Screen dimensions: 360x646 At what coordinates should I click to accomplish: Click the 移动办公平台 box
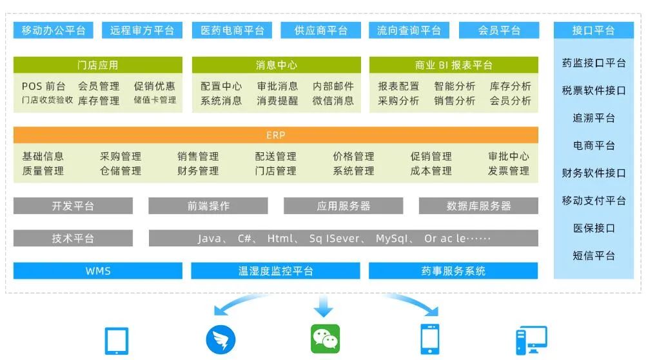click(53, 30)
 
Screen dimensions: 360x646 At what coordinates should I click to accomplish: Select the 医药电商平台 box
click(232, 30)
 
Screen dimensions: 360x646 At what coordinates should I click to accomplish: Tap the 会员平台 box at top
click(499, 30)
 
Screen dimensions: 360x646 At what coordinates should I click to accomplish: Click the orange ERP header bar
click(275, 135)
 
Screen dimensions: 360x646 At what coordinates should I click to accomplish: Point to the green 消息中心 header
click(276, 65)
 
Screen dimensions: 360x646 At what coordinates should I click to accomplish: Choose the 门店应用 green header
click(97, 65)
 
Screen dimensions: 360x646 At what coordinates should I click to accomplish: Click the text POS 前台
click(43, 86)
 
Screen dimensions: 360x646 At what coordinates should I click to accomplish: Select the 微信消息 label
click(333, 101)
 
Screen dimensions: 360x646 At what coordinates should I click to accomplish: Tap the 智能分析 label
click(455, 86)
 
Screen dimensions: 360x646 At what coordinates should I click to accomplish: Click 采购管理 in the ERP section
click(121, 156)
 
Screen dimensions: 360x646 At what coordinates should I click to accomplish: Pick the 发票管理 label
click(509, 171)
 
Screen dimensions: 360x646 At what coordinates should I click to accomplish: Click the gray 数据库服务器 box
click(478, 206)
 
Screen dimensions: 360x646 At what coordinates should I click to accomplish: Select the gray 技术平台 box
click(73, 238)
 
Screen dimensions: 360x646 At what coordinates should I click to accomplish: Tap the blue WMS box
click(98, 271)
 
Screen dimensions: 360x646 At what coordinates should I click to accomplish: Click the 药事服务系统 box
click(453, 271)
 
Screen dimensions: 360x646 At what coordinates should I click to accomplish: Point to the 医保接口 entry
click(594, 228)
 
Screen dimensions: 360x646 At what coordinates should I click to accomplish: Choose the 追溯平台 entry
click(594, 118)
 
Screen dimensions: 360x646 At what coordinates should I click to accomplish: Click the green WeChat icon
click(325, 339)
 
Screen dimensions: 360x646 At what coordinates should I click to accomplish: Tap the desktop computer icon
click(531, 340)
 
